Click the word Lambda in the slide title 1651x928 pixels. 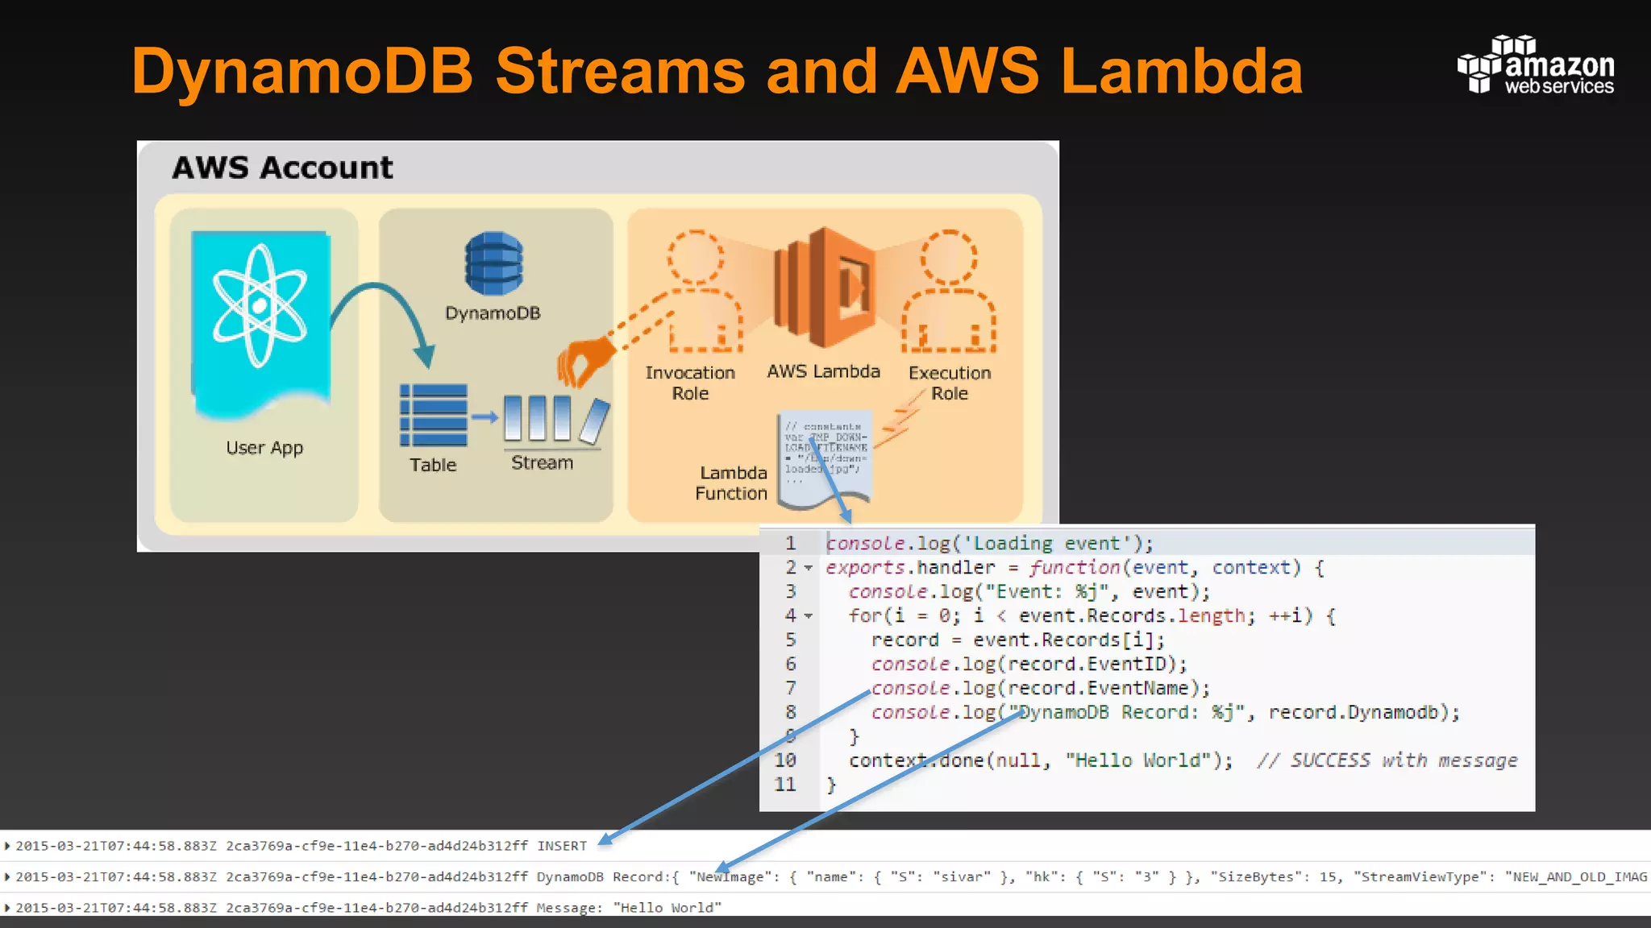click(x=1182, y=71)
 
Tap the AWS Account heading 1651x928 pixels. click(x=282, y=168)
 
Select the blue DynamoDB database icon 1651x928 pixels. click(x=493, y=263)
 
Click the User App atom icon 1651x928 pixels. click(x=260, y=306)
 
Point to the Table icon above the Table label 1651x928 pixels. click(x=434, y=416)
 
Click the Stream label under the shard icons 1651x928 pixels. click(x=542, y=463)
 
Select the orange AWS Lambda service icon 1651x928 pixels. click(x=824, y=287)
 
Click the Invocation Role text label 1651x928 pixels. click(x=690, y=383)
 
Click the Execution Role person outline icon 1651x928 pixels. click(x=949, y=293)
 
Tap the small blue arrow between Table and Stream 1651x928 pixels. click(x=484, y=416)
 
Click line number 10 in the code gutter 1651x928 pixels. click(x=785, y=760)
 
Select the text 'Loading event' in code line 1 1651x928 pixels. click(x=1046, y=544)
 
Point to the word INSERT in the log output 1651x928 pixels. click(x=562, y=846)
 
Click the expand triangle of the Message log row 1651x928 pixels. click(x=7, y=908)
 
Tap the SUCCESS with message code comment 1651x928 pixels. click(x=1387, y=760)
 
